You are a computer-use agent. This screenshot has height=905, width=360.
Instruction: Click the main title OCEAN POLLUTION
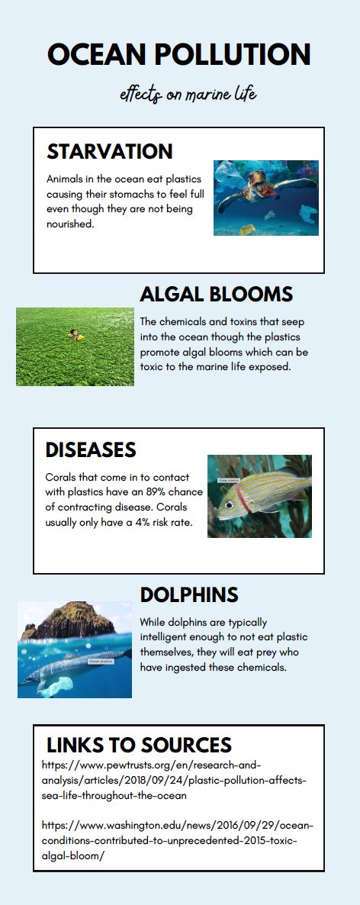coord(178,55)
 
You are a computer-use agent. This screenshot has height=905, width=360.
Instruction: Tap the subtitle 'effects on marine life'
coord(188,94)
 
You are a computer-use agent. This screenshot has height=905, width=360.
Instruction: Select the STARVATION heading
coord(110,151)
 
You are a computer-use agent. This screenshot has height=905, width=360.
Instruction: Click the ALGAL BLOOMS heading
coord(217,295)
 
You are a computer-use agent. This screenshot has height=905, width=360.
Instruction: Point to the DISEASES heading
coord(91,449)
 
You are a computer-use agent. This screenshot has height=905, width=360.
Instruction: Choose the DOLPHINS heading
coord(189,594)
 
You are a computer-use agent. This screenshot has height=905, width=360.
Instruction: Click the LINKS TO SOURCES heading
coord(139,745)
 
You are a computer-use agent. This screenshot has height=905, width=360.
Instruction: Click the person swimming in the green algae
coord(75,335)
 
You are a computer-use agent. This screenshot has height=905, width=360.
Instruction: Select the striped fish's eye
coord(229,505)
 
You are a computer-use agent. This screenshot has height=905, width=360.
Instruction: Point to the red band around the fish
coord(243,498)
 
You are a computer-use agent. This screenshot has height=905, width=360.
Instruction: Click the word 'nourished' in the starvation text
coord(70,224)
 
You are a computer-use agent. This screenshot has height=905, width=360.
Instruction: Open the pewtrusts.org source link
coord(175,781)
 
